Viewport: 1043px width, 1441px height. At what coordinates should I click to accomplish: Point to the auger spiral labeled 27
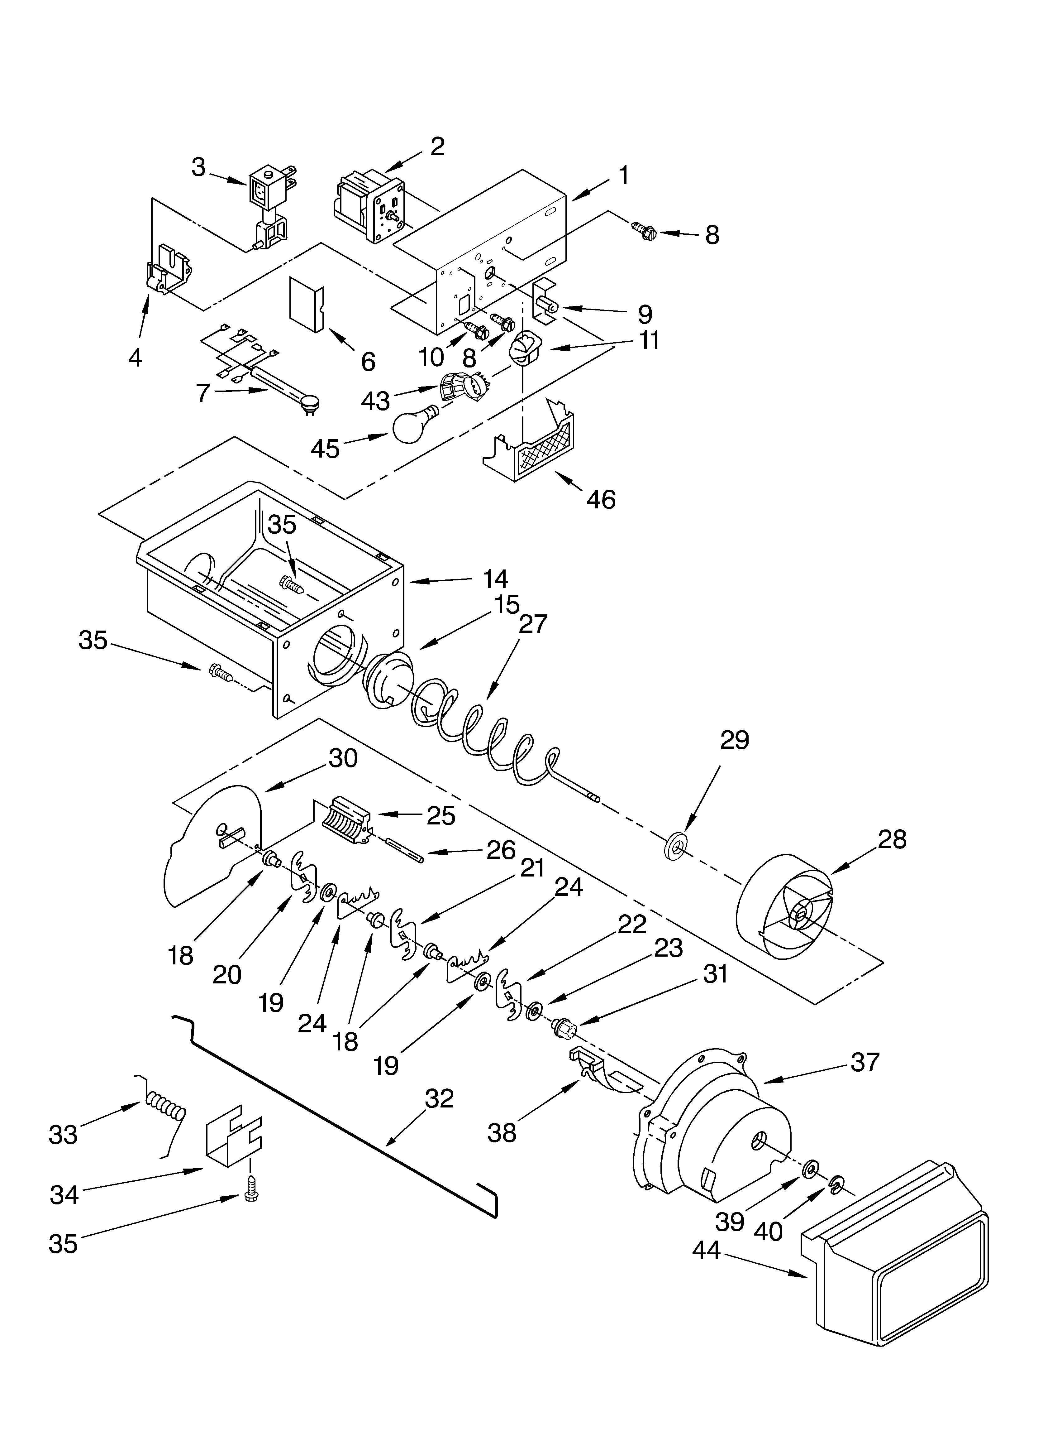click(x=483, y=731)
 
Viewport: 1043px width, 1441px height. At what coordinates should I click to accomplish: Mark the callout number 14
click(x=495, y=579)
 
